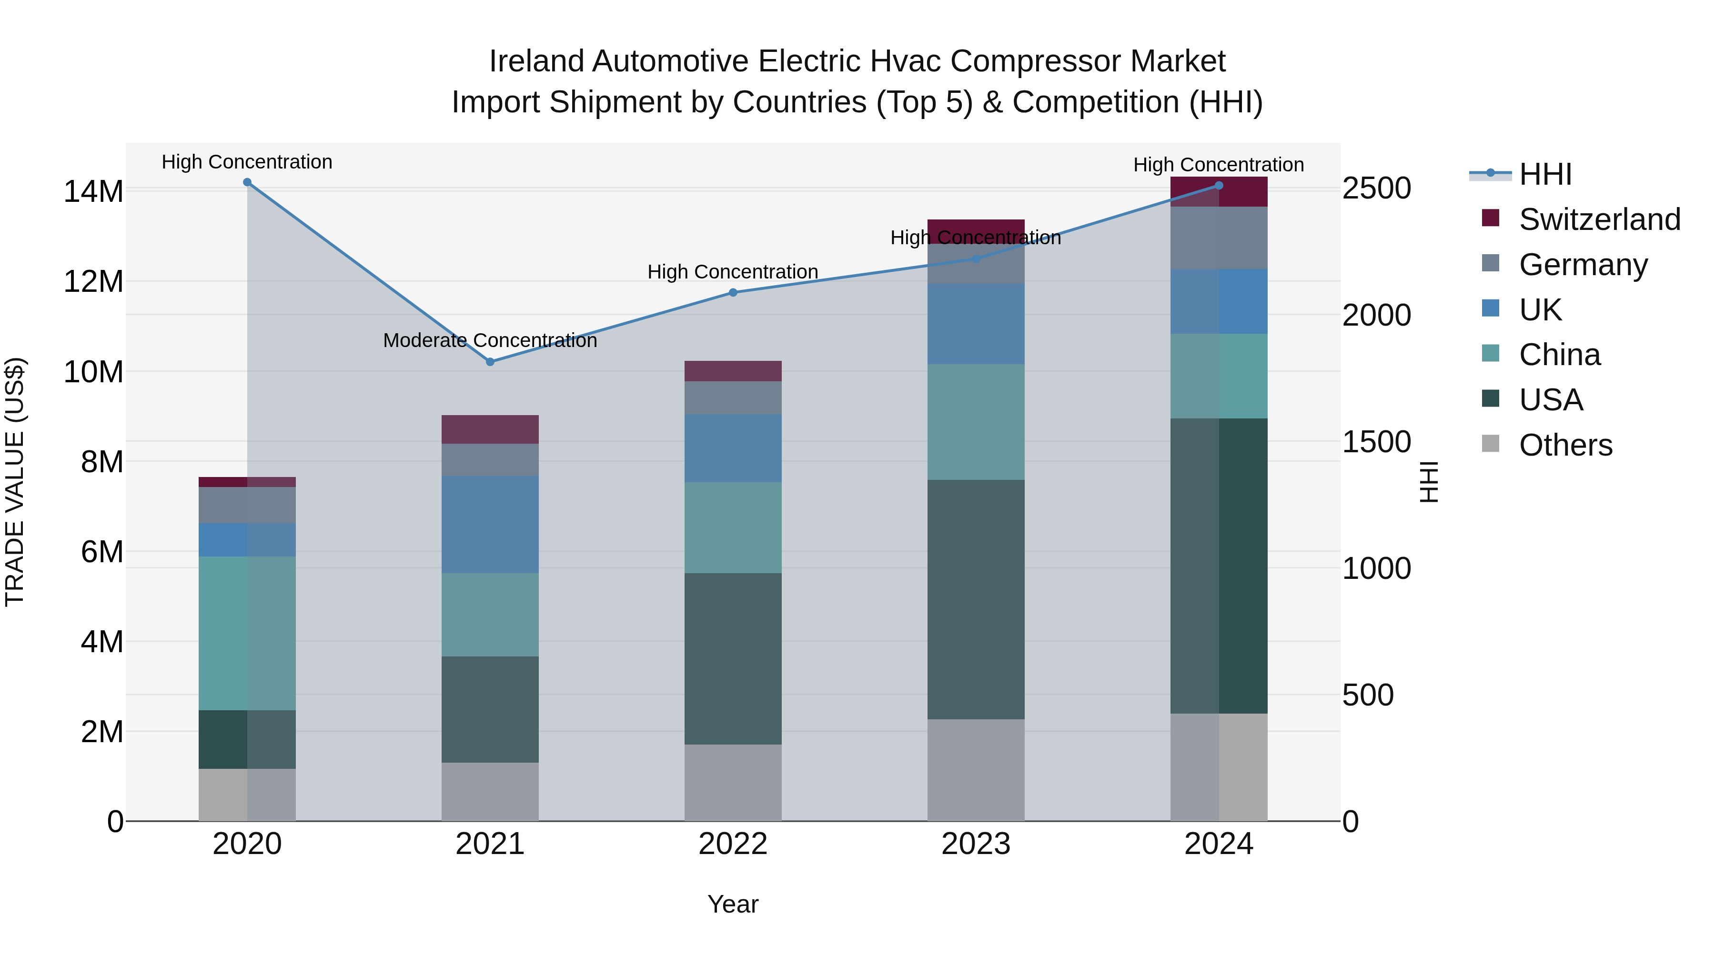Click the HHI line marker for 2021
tap(490, 362)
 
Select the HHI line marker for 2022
tap(733, 292)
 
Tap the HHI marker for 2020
tap(247, 182)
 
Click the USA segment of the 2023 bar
tap(976, 599)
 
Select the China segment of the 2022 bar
tap(733, 527)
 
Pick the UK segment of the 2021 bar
tap(490, 524)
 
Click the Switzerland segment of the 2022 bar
tap(733, 370)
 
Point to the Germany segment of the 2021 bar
tap(490, 460)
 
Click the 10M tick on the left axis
tap(93, 372)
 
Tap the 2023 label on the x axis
tap(976, 844)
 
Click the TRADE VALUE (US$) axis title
tap(15, 482)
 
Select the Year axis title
tap(733, 904)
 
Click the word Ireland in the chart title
tap(536, 61)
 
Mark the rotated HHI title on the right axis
tap(1429, 482)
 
